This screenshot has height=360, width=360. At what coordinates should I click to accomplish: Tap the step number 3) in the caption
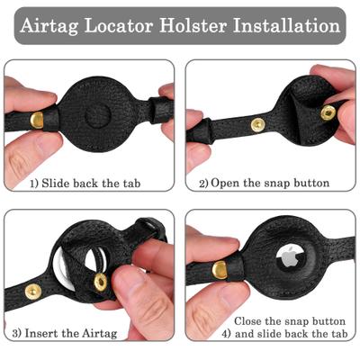coord(18,334)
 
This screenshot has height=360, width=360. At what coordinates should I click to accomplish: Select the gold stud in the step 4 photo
coord(220,269)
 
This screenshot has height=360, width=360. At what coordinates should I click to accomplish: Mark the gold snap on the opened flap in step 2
coord(328,112)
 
